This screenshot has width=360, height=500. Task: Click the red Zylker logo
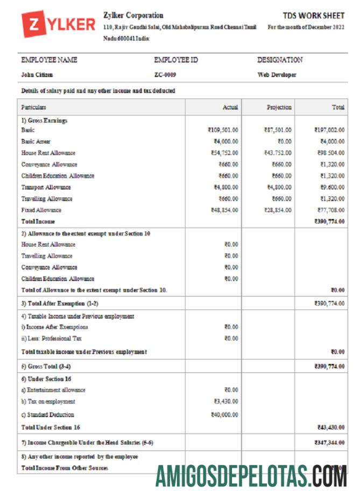coord(58,25)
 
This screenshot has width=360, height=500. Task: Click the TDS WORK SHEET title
coord(313,16)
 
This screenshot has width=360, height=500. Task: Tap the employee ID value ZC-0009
coord(165,75)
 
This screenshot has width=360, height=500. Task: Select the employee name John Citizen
coord(37,75)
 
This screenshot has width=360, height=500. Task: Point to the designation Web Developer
coord(277,75)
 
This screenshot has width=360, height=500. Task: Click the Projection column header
coord(279,108)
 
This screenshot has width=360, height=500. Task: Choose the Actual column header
coord(230,108)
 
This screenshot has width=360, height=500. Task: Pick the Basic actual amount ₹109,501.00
coord(223,130)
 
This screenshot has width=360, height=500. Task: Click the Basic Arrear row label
coord(36,142)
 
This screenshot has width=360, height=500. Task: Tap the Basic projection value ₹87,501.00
coord(278,130)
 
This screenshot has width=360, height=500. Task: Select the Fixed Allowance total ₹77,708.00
coord(329,210)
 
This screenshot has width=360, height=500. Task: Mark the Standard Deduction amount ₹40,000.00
coord(224,415)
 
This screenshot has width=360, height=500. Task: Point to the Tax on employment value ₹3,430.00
coord(226,401)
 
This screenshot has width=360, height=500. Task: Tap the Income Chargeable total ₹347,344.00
coord(329,442)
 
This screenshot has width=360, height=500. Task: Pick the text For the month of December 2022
coord(306,27)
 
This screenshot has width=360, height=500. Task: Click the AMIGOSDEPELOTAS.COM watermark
coord(251,476)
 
